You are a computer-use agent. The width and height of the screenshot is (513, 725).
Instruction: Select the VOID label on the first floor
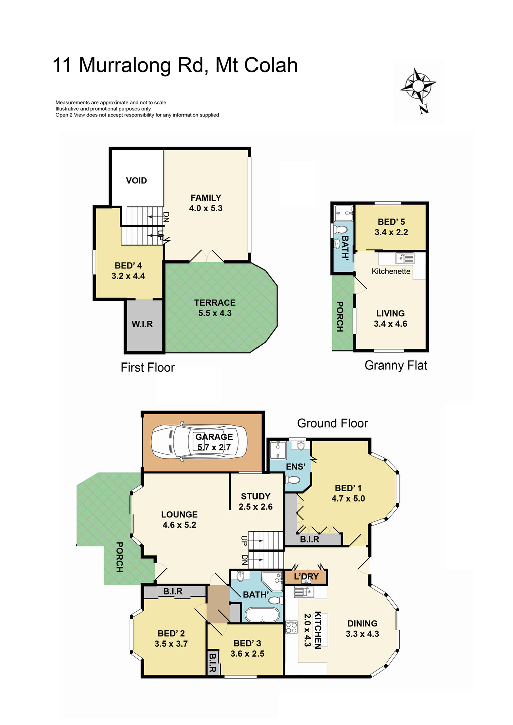click(x=136, y=181)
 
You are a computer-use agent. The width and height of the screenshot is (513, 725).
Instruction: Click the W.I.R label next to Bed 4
click(x=142, y=324)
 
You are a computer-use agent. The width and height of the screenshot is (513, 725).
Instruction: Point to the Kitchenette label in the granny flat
click(x=391, y=271)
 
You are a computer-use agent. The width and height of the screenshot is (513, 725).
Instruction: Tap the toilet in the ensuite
click(x=292, y=480)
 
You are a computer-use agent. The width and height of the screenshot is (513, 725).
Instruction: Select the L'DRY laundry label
click(x=306, y=577)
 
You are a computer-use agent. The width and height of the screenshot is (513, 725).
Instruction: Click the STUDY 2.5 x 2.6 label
click(x=255, y=501)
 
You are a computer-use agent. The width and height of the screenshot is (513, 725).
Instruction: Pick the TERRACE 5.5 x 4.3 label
click(x=215, y=308)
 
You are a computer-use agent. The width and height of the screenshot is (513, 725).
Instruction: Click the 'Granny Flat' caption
click(x=396, y=366)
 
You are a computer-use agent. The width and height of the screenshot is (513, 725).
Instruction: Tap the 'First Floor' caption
click(x=148, y=368)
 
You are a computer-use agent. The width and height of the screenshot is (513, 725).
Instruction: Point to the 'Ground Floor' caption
click(x=332, y=423)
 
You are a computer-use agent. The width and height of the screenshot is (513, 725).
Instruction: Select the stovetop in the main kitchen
click(x=291, y=627)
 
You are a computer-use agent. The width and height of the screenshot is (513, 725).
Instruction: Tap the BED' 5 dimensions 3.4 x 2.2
click(x=391, y=232)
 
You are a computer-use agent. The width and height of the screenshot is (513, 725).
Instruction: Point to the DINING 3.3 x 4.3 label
click(x=362, y=628)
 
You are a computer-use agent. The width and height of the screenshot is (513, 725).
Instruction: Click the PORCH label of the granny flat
click(x=340, y=316)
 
